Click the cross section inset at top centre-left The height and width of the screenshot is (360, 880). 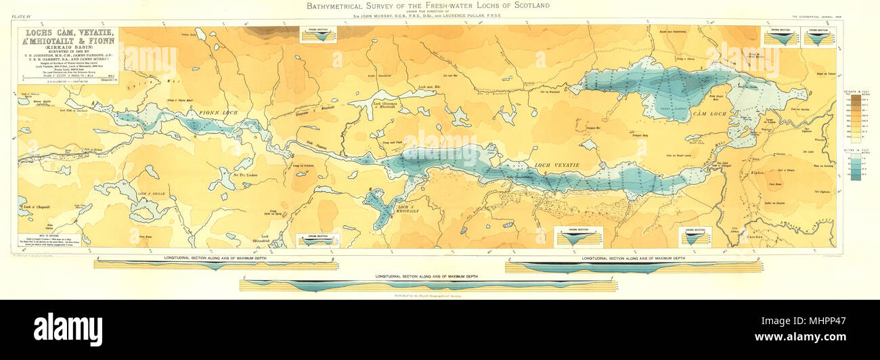(317, 35)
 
